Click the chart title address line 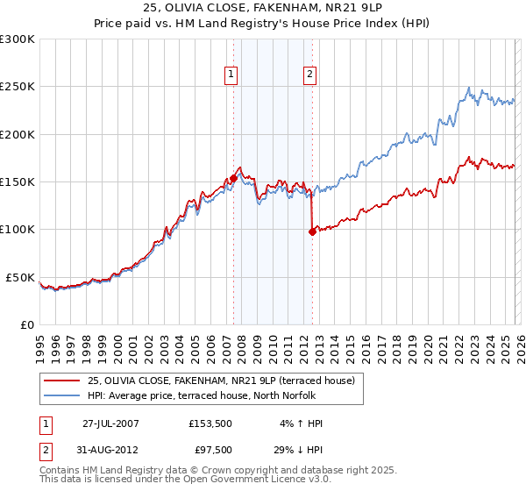pos(262,8)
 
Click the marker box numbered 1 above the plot pos(231,75)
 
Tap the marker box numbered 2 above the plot pos(310,75)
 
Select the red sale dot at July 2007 pos(233,179)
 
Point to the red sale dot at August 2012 pos(312,231)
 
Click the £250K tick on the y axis pos(18,87)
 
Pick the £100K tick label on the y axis pos(18,230)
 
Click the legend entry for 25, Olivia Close pos(220,381)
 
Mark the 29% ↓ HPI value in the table pos(298,451)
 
